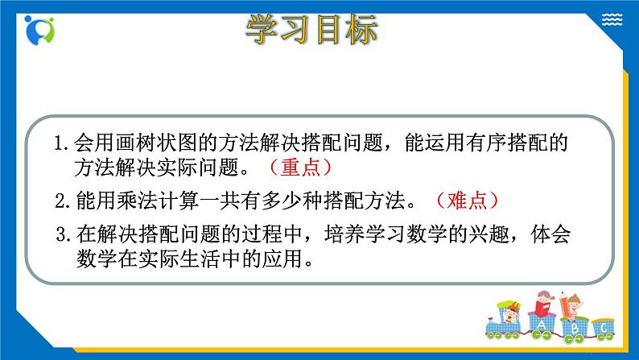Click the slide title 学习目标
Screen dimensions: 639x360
311,29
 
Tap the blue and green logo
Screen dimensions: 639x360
39,30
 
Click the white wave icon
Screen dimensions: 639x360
612,19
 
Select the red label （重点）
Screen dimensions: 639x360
301,168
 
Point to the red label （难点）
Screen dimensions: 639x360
467,201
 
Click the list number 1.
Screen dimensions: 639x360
60,143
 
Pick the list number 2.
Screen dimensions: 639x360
61,201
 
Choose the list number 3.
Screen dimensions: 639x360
62,234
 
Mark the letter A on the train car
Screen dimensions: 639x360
541,325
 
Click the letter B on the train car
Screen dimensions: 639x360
575,328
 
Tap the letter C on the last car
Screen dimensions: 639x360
604,328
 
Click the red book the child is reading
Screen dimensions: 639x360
542,308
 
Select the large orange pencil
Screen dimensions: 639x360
565,305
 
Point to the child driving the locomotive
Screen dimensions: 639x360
509,312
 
